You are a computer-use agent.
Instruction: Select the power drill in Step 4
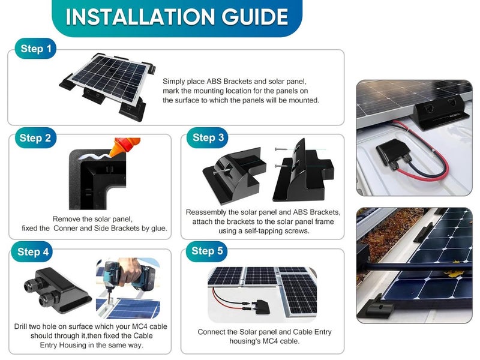[123, 276]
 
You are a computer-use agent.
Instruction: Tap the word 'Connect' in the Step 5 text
[212, 332]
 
